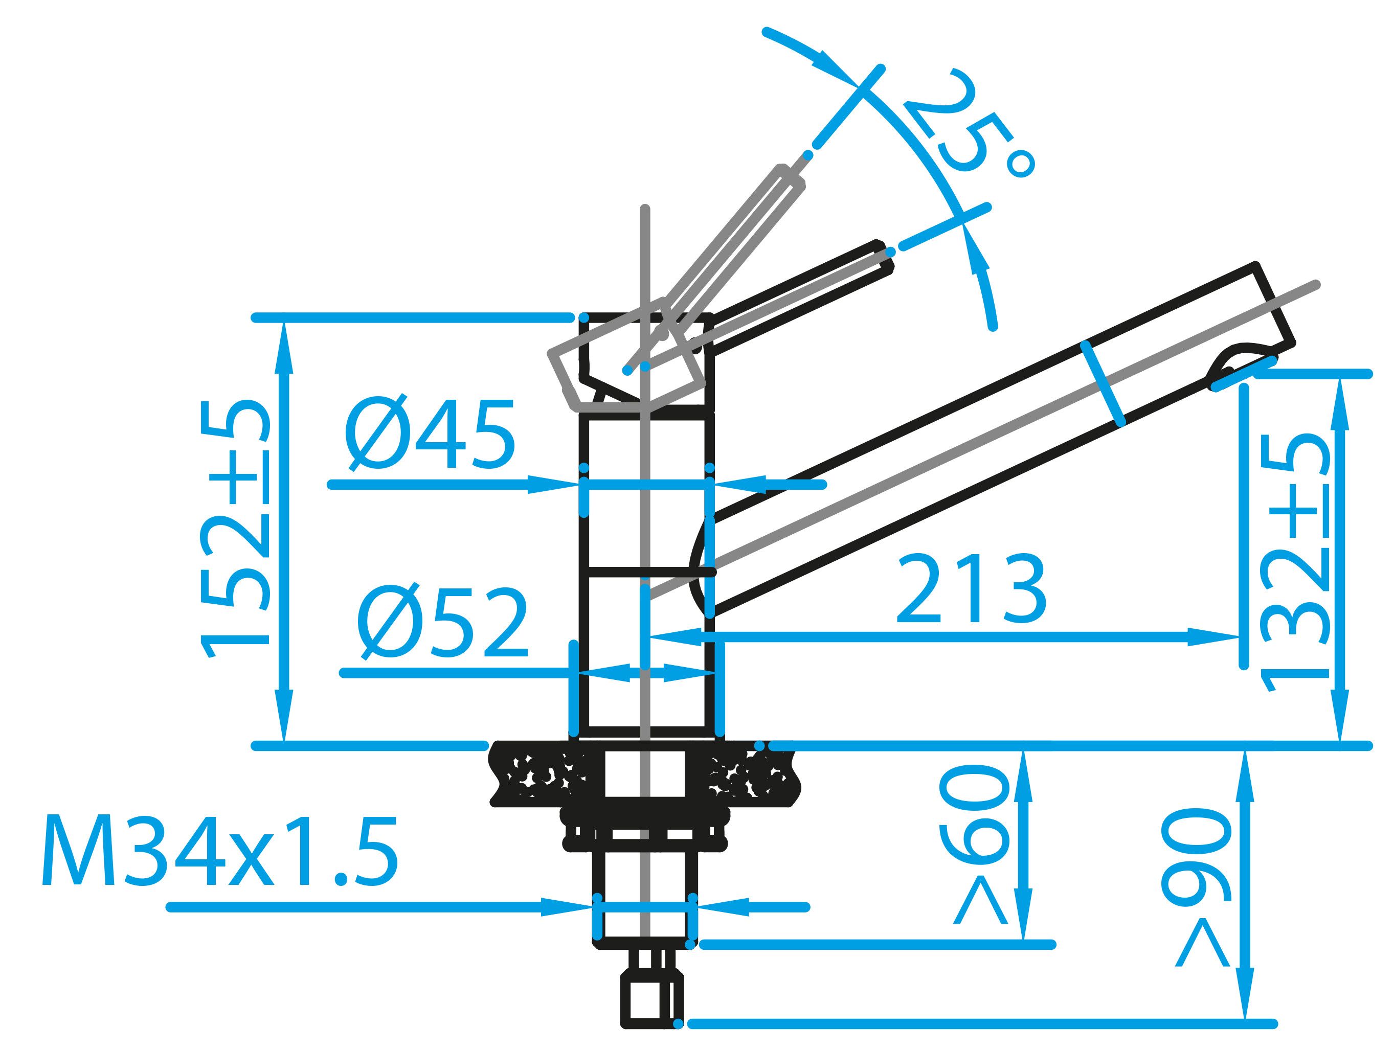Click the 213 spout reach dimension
point(971,589)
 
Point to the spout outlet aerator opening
point(1239,366)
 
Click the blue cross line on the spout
point(1103,384)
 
